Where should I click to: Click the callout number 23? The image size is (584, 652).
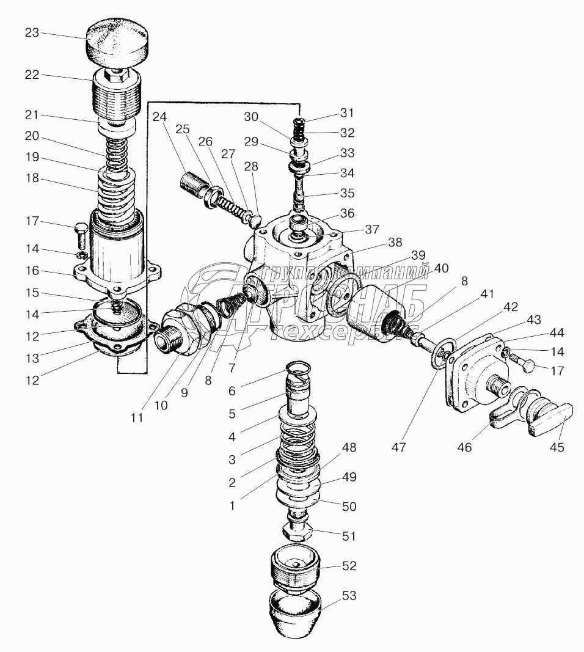tap(32, 33)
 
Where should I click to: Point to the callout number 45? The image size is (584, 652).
tap(556, 447)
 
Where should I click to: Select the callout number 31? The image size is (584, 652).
tap(347, 113)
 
